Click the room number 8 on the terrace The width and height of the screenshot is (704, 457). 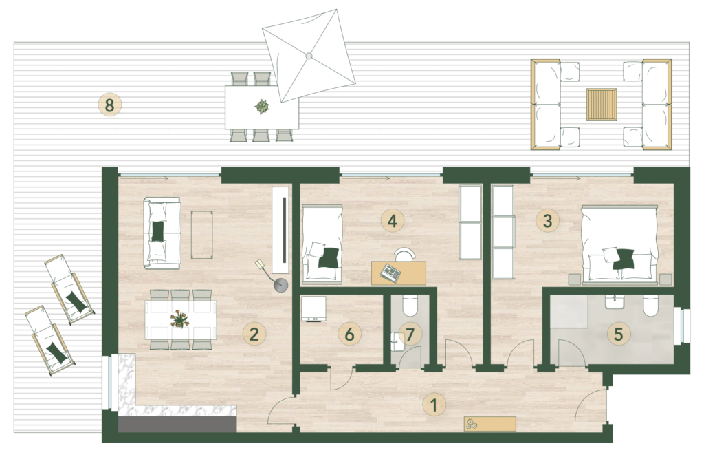(x=109, y=105)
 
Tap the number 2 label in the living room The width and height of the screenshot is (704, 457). (x=254, y=334)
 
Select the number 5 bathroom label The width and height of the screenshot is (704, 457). (x=618, y=334)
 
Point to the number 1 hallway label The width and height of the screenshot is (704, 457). (x=434, y=405)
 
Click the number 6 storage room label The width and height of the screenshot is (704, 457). (x=349, y=334)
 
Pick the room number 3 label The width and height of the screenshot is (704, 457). (x=547, y=221)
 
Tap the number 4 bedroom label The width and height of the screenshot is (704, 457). (x=392, y=221)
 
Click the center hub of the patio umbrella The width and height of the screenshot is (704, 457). (x=309, y=56)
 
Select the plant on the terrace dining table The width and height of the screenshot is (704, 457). (x=261, y=107)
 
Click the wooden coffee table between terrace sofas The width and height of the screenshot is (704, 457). (x=602, y=104)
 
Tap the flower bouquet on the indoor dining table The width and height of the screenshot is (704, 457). (x=179, y=319)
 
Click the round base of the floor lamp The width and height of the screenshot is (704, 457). (x=281, y=284)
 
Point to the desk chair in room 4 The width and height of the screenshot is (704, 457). (x=405, y=254)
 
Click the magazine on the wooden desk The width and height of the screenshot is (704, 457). (x=390, y=273)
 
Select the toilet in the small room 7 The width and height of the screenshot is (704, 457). (x=410, y=306)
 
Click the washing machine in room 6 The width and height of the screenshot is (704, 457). (x=313, y=309)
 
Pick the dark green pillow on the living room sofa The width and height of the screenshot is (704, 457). (x=157, y=231)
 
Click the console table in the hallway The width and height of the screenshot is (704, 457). (x=490, y=424)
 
